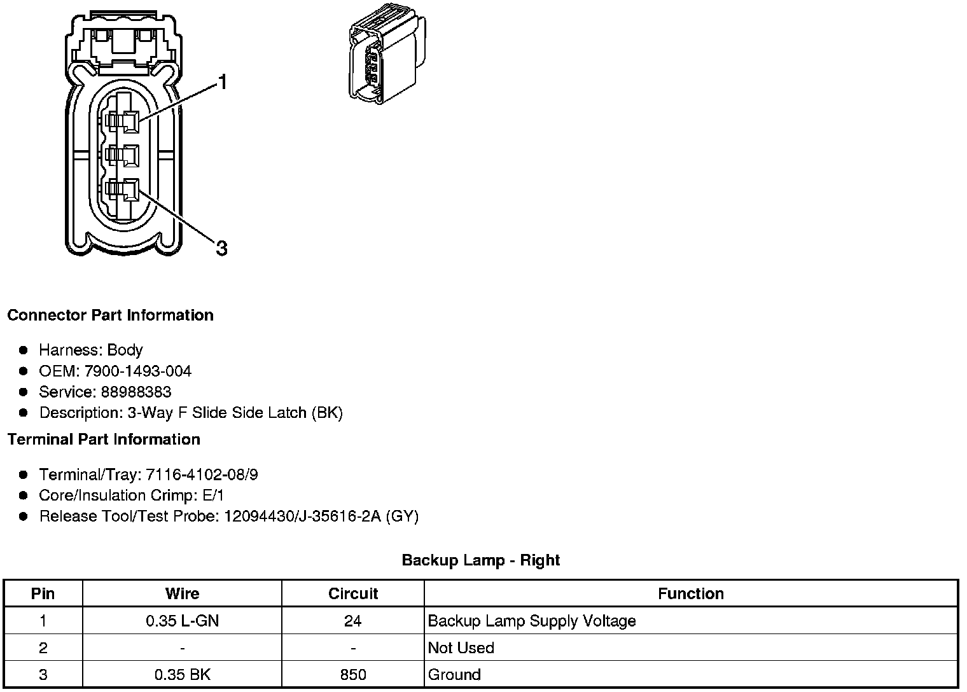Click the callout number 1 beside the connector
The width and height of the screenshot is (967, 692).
pyautogui.click(x=222, y=82)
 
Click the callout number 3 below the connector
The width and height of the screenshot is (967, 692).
pyautogui.click(x=221, y=248)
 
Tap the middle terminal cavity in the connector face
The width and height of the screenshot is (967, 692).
pyautogui.click(x=123, y=155)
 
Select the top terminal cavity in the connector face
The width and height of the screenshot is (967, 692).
pyautogui.click(x=123, y=121)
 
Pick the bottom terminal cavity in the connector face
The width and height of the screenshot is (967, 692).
pyautogui.click(x=123, y=189)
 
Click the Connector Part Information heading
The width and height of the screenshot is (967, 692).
pyautogui.click(x=110, y=315)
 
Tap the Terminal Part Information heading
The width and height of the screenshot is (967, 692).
pyautogui.click(x=104, y=439)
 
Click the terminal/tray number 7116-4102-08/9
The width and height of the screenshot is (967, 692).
pyautogui.click(x=202, y=474)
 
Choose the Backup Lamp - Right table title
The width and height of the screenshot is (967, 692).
pyautogui.click(x=480, y=560)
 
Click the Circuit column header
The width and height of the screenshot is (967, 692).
pyautogui.click(x=353, y=593)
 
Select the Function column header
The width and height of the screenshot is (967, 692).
pyautogui.click(x=690, y=593)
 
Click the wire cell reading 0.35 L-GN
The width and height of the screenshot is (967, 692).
pyautogui.click(x=182, y=621)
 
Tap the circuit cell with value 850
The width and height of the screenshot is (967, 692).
pyautogui.click(x=353, y=674)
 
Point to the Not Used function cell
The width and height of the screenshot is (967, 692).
pyautogui.click(x=461, y=647)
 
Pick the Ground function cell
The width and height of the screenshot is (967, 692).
pyautogui.click(x=454, y=674)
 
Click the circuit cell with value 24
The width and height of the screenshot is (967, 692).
pyautogui.click(x=353, y=621)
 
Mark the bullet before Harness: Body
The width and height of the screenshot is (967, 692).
pyautogui.click(x=24, y=350)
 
